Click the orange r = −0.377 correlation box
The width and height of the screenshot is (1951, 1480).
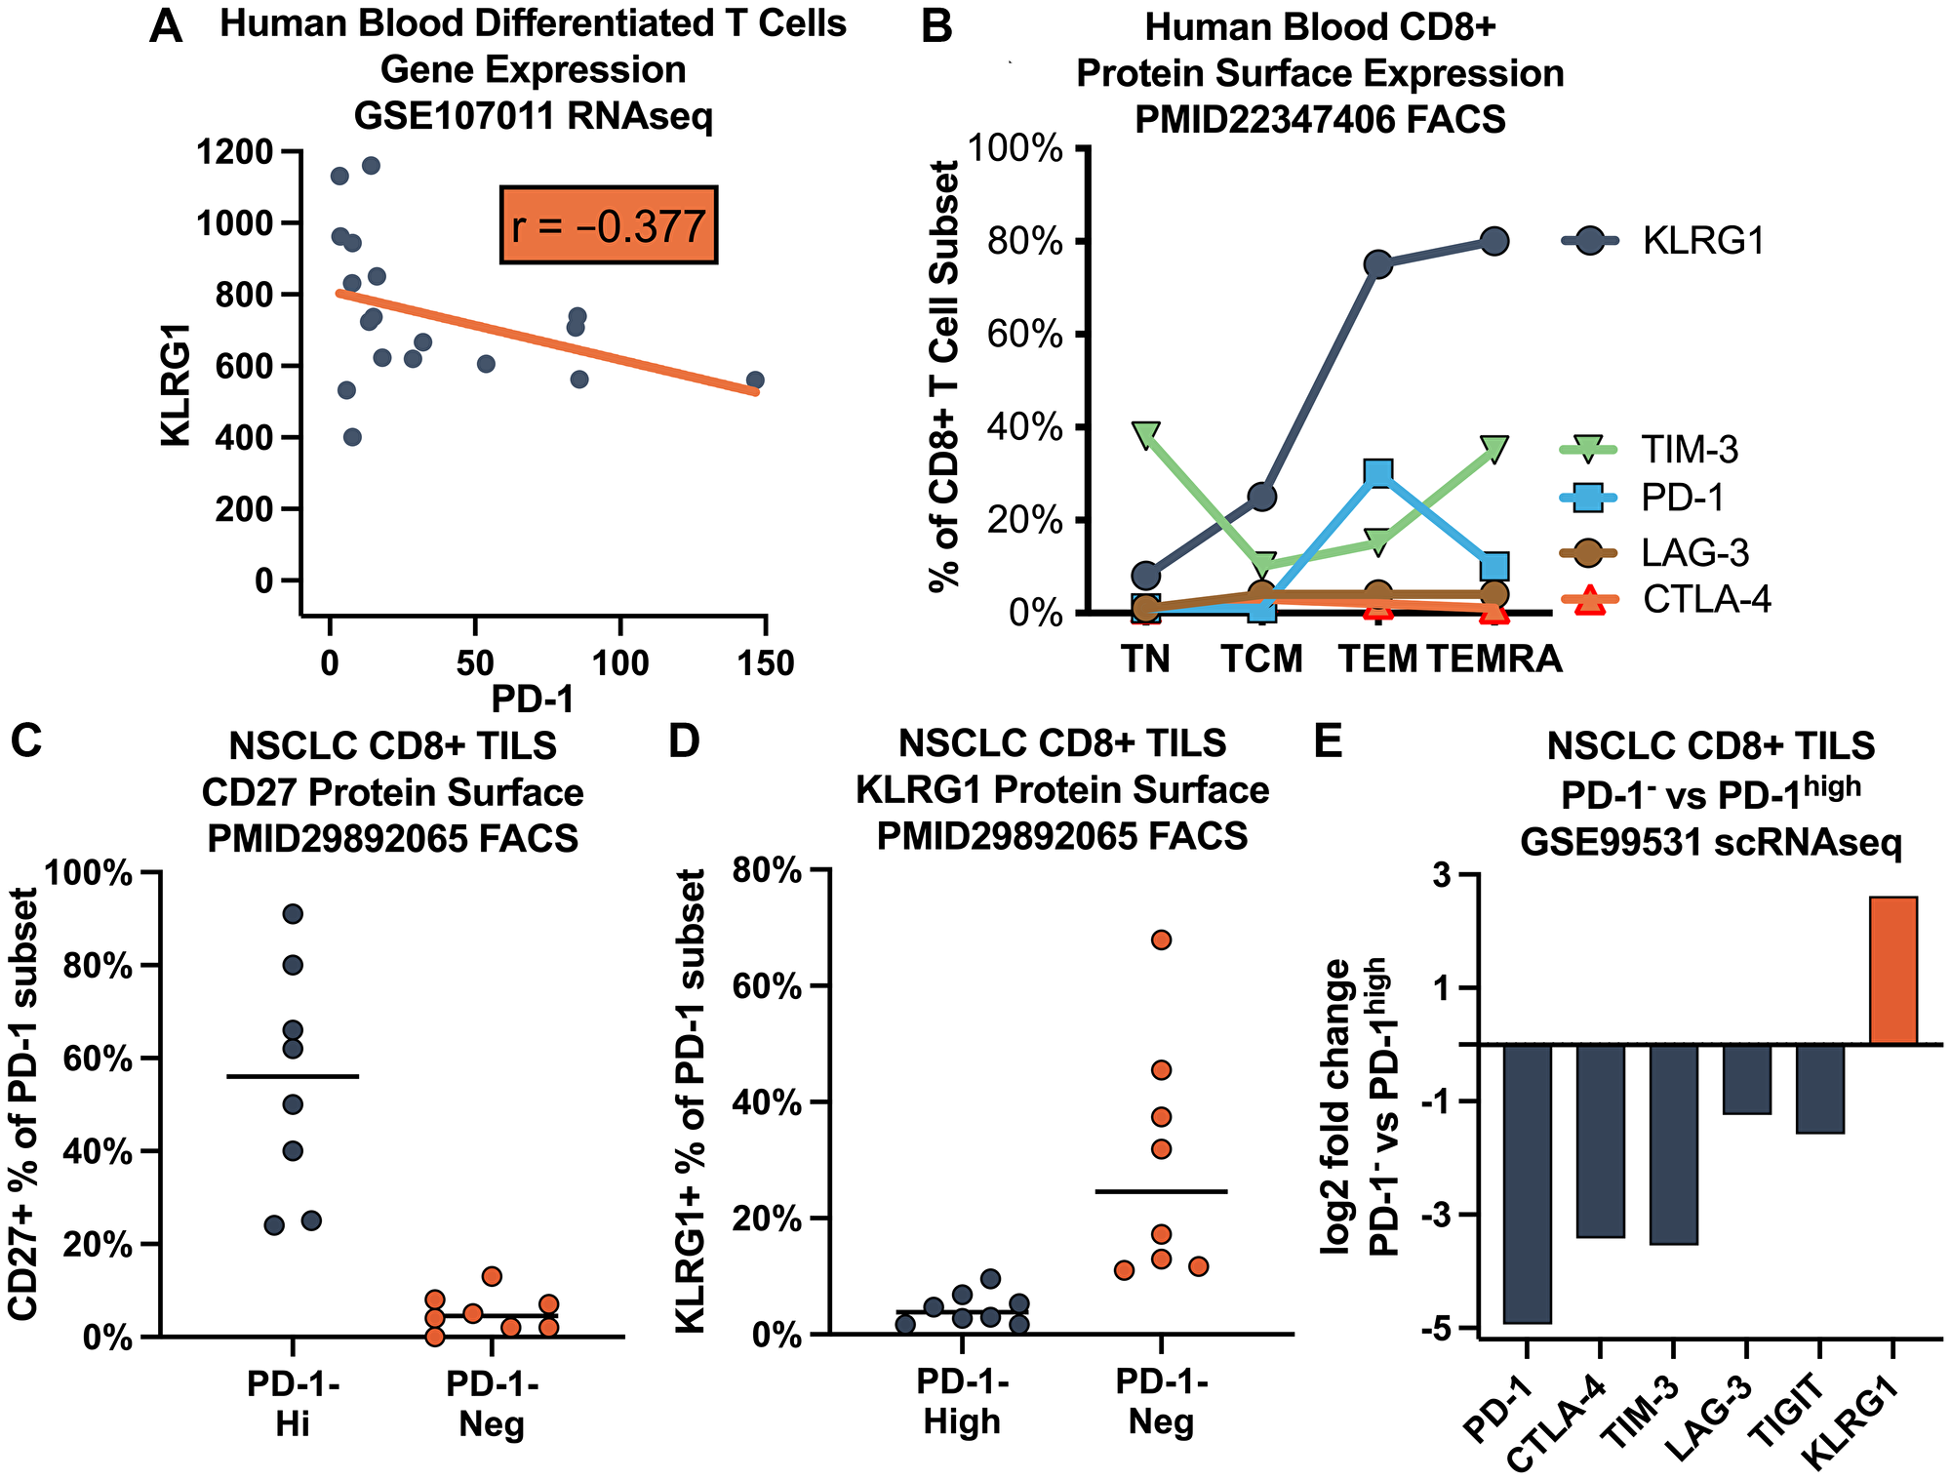[x=609, y=225]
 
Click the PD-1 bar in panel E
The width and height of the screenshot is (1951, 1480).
[x=1527, y=1181]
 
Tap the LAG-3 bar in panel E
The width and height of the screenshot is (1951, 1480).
[x=1746, y=1078]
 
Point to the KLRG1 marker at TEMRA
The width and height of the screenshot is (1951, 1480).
[x=1494, y=241]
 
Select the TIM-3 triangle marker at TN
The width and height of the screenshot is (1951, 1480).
[x=1146, y=434]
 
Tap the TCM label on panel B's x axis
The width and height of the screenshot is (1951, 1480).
[x=1262, y=660]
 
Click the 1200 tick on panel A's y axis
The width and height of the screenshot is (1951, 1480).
[x=234, y=152]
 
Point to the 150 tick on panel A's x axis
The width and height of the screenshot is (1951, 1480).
[x=765, y=663]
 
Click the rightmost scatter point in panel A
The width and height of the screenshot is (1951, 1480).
[x=755, y=380]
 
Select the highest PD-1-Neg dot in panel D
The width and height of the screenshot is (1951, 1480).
[x=1161, y=940]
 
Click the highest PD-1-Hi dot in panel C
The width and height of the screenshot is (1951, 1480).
[x=293, y=914]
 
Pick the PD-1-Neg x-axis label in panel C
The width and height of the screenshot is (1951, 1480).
[x=492, y=1405]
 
